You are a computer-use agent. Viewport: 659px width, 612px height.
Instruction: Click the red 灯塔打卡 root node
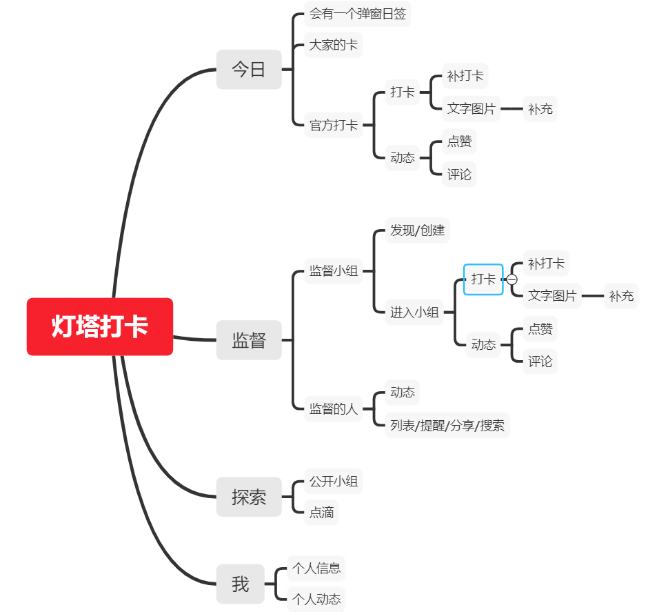coord(100,326)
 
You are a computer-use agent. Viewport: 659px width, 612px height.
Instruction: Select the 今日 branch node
coord(249,70)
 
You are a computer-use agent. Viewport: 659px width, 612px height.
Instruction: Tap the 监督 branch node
coord(249,340)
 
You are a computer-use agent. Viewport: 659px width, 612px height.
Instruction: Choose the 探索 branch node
coord(249,497)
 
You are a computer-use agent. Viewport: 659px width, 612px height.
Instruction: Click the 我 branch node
coord(241,584)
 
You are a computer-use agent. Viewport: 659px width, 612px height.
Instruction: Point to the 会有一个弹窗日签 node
coord(357,14)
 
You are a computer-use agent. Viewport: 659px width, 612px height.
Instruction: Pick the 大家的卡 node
coord(334,46)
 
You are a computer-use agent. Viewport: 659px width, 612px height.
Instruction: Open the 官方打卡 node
coord(334,125)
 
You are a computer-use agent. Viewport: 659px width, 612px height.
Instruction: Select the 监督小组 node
coord(334,271)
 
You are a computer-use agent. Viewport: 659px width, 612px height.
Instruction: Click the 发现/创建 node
coord(418,230)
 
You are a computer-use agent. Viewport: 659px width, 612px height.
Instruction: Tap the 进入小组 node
coord(414,312)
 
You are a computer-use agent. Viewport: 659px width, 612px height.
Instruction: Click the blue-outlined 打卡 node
coord(483,279)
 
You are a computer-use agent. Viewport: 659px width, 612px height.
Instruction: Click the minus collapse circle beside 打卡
coord(512,279)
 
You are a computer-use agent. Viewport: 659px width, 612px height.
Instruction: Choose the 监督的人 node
coord(334,408)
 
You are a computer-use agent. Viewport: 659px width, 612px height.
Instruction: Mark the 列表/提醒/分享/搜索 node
coord(447,425)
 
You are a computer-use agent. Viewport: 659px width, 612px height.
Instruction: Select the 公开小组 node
coord(334,482)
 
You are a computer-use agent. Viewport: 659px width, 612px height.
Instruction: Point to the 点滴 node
coord(321,513)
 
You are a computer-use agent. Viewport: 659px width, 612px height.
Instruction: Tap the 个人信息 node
coord(316,569)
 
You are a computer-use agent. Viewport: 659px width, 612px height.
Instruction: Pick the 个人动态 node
coord(316,599)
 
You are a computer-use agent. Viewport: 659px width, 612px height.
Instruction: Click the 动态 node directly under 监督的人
coord(403,393)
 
